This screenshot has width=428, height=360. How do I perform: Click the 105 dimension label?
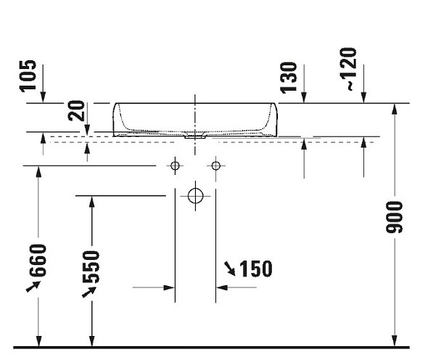pos(28,76)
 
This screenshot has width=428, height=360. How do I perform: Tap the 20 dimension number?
pos(76,110)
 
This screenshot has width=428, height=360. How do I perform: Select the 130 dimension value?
pos(289,78)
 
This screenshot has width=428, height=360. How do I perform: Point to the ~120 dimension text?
pos(349,69)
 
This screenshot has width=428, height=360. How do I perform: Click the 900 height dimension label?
pos(394,217)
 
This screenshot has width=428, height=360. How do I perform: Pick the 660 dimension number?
pos(38,261)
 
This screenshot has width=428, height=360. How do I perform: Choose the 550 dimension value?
pos(91,267)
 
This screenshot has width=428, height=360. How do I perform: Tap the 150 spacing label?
pos(256,269)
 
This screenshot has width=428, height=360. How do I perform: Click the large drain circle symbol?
pos(195,196)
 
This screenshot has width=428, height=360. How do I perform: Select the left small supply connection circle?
pos(175,165)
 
